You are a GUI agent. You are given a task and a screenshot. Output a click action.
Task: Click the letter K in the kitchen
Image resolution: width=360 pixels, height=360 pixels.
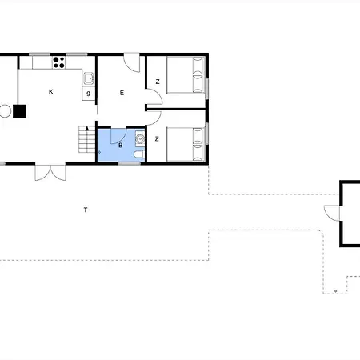51,92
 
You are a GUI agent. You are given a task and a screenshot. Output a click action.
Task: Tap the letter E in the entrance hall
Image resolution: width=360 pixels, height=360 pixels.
122,93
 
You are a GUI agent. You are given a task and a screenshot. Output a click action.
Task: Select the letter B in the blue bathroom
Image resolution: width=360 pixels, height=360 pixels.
121,146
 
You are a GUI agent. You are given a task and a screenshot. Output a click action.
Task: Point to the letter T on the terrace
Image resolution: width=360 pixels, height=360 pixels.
86,210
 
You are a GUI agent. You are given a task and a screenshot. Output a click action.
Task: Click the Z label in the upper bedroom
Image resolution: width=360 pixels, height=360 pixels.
158,82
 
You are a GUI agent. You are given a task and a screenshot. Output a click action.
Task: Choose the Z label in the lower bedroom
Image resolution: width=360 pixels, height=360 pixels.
157,139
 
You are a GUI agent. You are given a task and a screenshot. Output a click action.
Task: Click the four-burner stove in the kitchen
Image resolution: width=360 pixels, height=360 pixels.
58,62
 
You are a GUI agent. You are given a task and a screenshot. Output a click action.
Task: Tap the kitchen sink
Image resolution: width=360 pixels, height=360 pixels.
89,78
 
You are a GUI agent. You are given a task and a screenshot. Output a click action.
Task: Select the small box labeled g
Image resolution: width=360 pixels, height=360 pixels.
89,94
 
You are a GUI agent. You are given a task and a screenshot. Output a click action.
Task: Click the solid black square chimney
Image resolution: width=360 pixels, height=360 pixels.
19,111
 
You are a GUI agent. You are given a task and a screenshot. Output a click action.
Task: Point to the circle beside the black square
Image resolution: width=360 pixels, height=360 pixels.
5,111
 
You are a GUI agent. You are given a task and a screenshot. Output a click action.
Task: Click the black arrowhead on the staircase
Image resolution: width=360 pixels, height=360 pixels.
87,129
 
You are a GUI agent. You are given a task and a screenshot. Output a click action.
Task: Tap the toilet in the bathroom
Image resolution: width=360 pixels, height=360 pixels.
139,154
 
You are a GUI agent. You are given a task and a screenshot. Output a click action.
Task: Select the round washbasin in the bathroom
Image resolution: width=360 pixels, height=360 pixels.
140,138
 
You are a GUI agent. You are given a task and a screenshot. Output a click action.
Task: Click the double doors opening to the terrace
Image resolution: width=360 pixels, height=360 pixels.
50,173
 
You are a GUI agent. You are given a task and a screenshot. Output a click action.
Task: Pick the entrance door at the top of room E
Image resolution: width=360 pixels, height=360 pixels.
132,63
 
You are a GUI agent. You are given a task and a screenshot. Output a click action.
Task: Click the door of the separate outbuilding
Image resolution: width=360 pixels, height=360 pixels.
332,213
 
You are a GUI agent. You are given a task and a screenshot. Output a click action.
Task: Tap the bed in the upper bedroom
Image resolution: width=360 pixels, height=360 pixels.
186,74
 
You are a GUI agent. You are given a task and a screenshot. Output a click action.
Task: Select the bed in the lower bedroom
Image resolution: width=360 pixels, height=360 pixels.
186,144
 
